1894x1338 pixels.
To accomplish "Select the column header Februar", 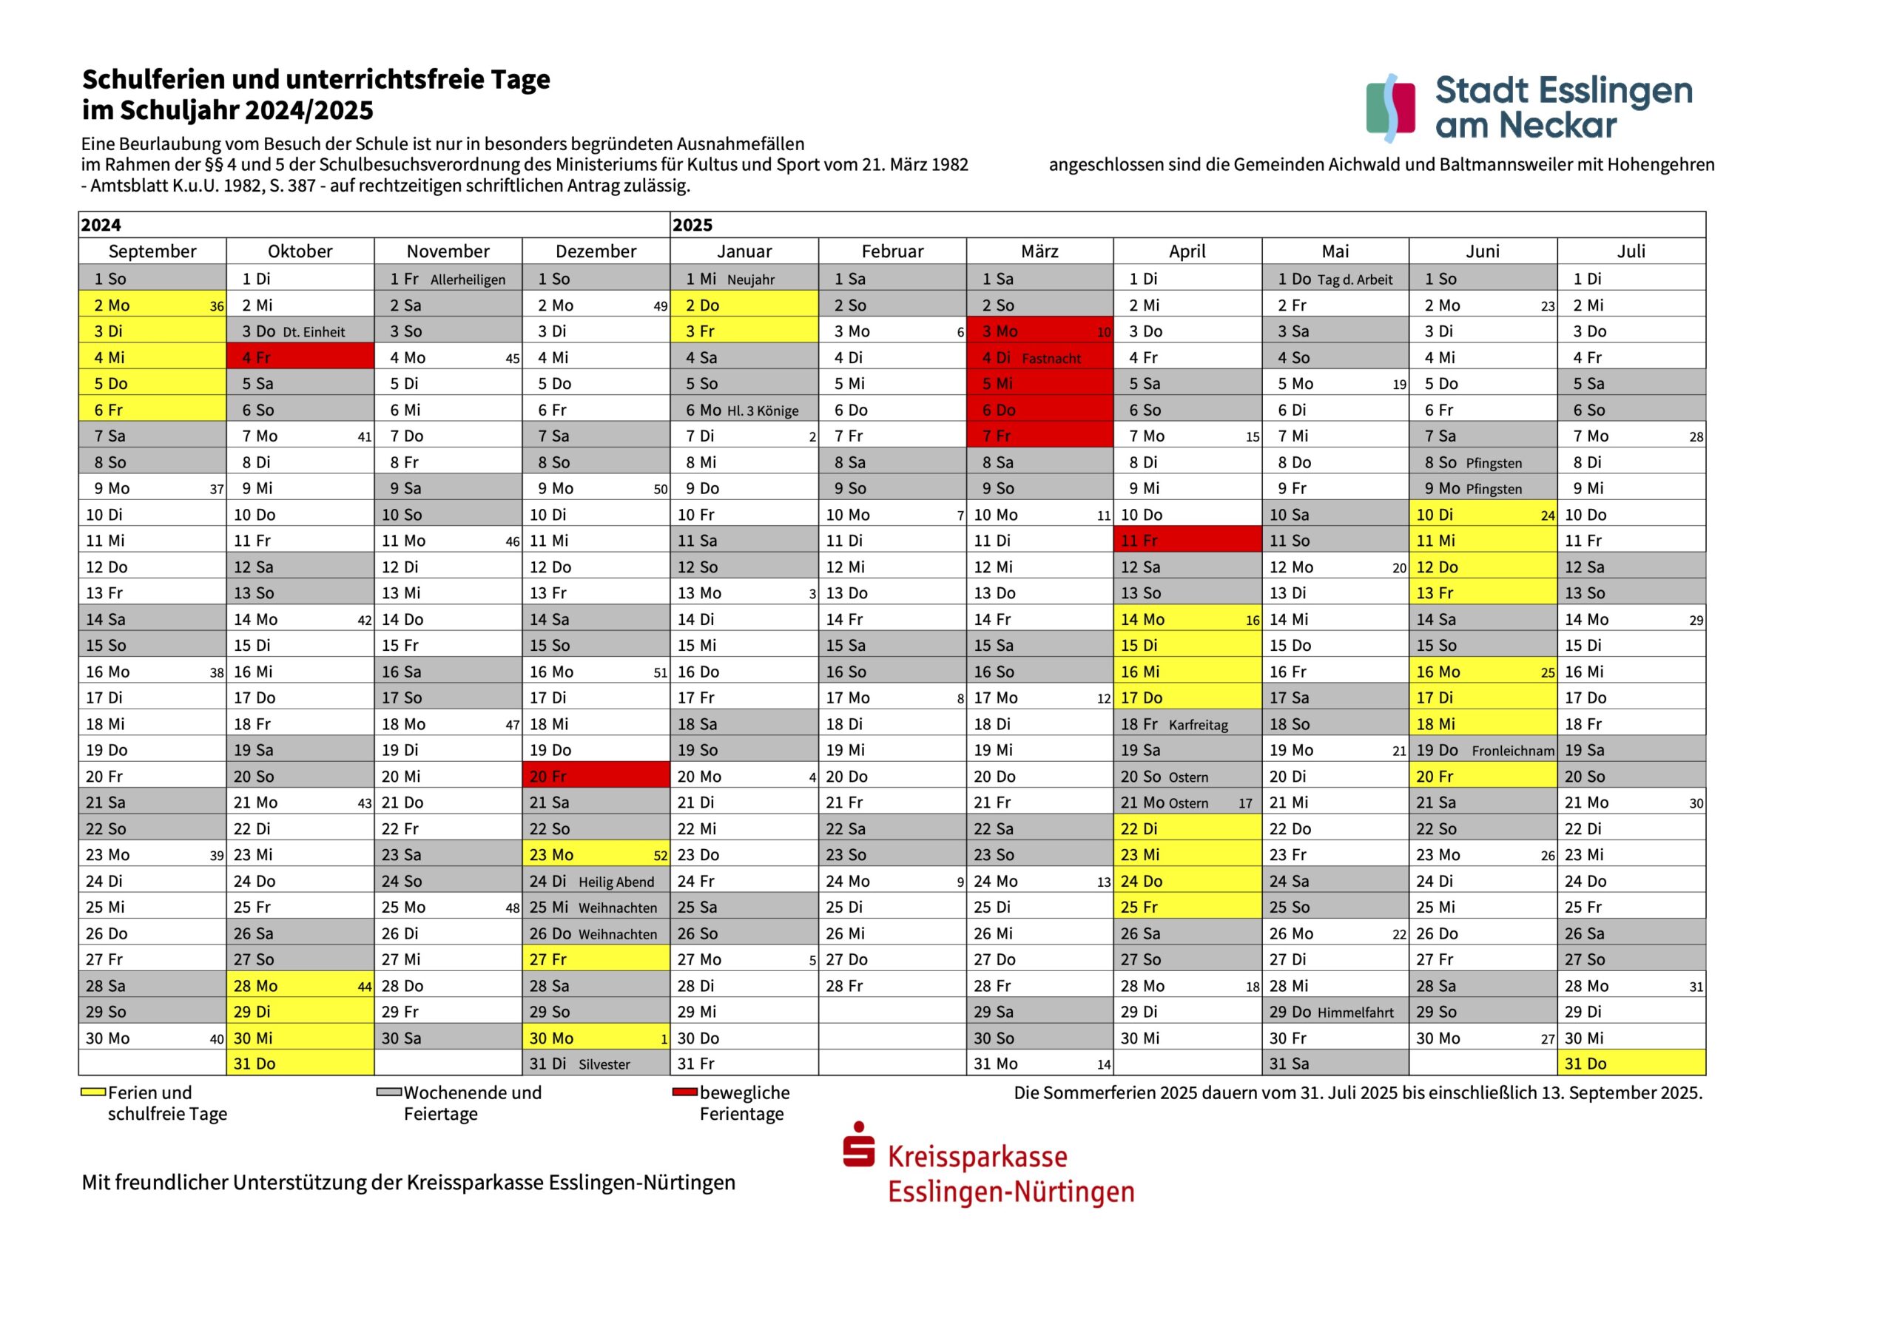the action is [892, 251].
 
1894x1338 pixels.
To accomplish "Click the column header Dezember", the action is [596, 251].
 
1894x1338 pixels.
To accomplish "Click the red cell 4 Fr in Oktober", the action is [300, 357].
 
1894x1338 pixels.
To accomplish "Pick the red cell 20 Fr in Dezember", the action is [596, 775].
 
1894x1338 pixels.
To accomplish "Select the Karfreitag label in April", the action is [1198, 725].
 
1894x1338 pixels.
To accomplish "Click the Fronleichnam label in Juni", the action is [1513, 751].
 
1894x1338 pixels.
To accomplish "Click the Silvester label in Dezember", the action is [604, 1064].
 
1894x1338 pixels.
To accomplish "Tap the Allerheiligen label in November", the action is [468, 280].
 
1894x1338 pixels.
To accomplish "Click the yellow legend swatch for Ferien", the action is [92, 1092].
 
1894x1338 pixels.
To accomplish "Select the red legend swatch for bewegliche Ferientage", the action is [684, 1092].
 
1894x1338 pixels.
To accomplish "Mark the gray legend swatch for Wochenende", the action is [388, 1092].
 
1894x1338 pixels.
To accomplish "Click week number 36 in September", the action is [216, 306].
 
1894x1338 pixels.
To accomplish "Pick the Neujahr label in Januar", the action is [751, 280].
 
